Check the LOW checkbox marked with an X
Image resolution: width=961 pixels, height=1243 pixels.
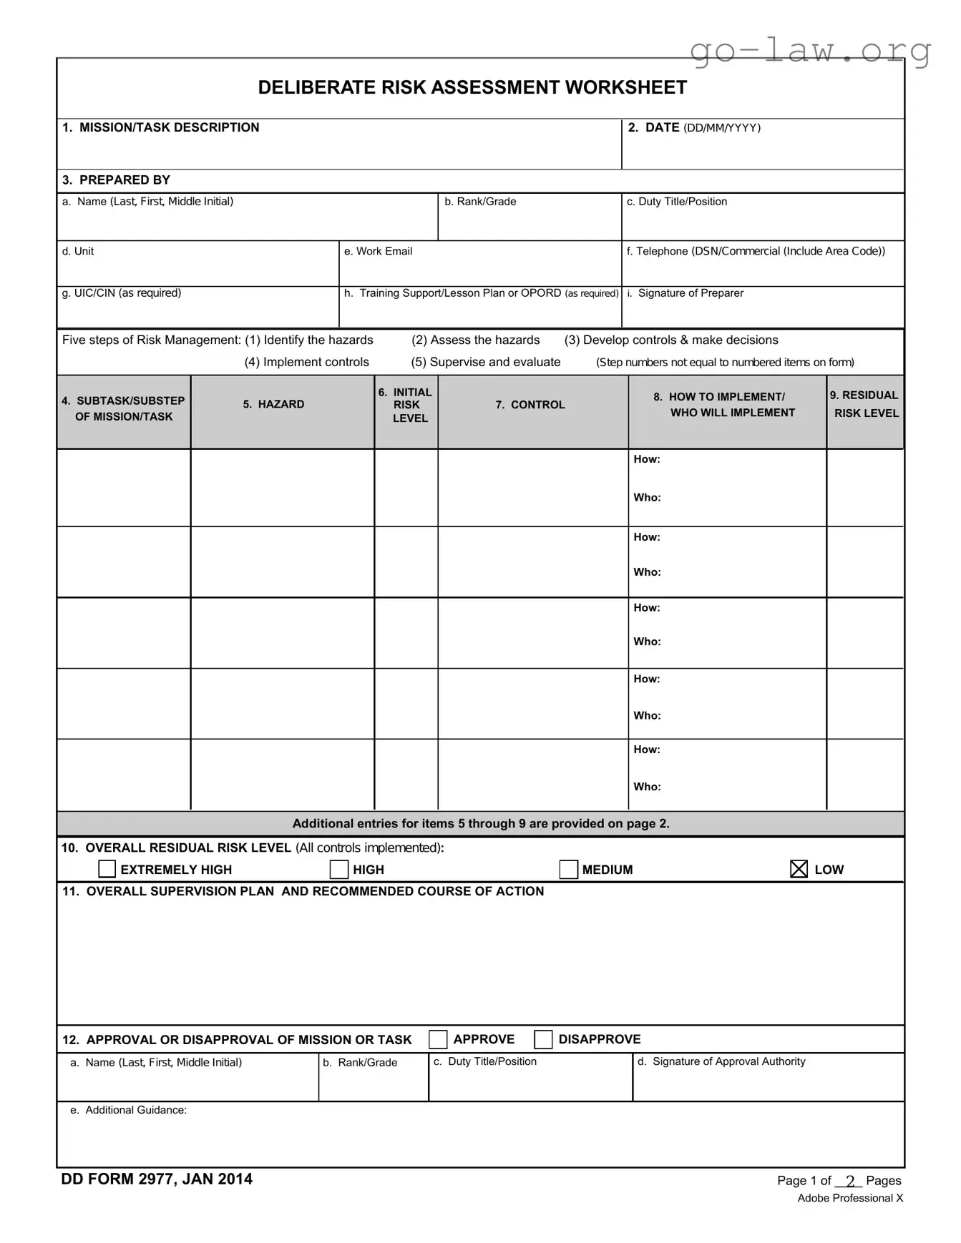(x=799, y=869)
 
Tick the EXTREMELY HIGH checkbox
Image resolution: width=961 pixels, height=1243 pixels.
(x=107, y=869)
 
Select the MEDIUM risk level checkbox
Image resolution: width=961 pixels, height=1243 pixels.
(x=568, y=869)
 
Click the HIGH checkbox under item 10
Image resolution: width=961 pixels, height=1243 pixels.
(x=339, y=869)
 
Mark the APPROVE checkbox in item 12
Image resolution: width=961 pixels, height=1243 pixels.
(x=438, y=1039)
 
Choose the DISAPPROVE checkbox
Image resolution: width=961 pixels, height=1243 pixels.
(x=543, y=1039)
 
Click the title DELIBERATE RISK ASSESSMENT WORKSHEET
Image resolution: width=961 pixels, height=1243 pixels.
(x=472, y=87)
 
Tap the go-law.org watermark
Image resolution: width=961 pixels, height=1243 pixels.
(x=810, y=51)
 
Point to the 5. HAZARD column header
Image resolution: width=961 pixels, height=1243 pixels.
(x=273, y=404)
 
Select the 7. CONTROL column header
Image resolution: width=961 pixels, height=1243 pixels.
(x=530, y=405)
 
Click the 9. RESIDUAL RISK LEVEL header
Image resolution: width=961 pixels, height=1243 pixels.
(x=864, y=404)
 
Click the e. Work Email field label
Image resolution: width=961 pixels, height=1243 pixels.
(x=378, y=251)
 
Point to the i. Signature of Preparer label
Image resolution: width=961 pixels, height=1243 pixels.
(x=685, y=293)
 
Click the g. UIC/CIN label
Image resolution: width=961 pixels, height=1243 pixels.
(x=121, y=293)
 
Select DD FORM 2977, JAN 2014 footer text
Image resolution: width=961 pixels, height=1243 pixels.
(x=157, y=1179)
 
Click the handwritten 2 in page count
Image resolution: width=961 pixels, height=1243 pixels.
(x=850, y=1181)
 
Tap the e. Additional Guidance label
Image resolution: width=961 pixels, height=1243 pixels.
(x=128, y=1110)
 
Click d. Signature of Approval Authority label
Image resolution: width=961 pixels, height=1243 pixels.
(x=721, y=1061)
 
